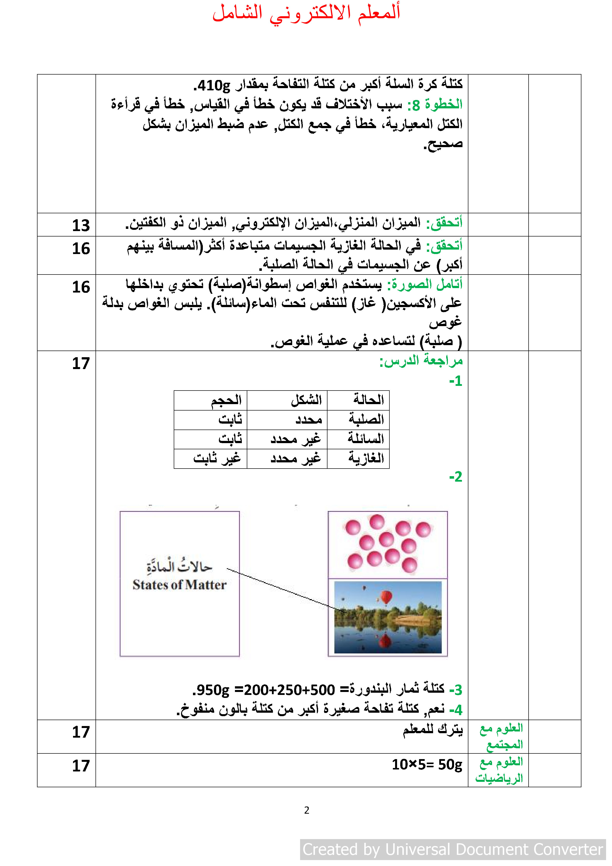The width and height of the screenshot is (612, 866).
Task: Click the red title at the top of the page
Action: coord(306,13)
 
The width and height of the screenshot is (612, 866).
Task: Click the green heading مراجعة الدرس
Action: coord(421,361)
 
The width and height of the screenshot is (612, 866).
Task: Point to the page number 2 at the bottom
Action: coord(306,810)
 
